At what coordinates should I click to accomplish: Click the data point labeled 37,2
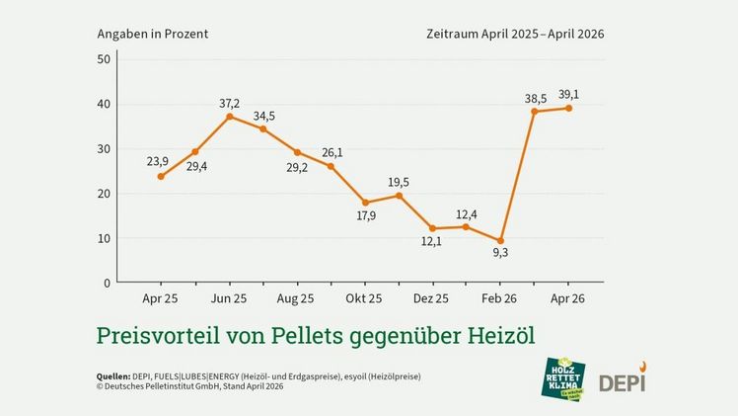pos(229,117)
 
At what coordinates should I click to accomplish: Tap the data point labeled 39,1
pos(568,108)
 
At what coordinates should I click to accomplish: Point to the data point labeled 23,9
pos(161,176)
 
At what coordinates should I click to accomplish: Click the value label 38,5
pos(534,99)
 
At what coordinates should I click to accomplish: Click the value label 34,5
pos(264,117)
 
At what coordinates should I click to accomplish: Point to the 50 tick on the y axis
pos(104,59)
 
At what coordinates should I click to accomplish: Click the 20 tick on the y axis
pos(104,194)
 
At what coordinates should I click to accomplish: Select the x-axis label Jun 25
pos(229,297)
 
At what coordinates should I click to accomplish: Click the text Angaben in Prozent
pos(152,33)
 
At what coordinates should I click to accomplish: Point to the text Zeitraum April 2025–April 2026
pos(514,33)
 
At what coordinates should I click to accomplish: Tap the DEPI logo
pos(622,380)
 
